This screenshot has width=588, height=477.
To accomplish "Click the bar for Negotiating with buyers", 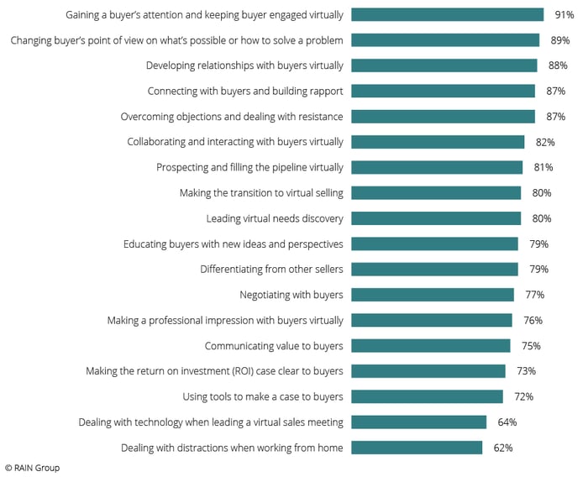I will click(432, 295).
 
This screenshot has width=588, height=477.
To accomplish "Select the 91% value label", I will click(564, 14).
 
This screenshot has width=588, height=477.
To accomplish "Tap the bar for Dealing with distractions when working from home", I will click(417, 448).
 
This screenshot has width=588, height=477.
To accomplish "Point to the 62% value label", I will click(503, 448).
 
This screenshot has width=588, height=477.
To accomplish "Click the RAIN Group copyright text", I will click(32, 468).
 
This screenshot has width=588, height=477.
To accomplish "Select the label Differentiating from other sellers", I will click(271, 270).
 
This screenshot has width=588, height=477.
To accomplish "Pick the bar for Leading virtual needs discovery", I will click(436, 218).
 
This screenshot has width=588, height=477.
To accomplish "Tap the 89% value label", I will click(560, 39).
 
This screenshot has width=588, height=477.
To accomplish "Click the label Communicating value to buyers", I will click(274, 345).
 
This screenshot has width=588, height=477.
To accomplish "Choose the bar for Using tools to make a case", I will click(427, 396).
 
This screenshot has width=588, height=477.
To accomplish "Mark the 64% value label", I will click(507, 422).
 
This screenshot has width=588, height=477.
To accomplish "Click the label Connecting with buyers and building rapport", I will click(245, 91).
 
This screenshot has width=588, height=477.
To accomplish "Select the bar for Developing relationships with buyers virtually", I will click(444, 66).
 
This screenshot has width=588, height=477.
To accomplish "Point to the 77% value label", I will click(534, 295).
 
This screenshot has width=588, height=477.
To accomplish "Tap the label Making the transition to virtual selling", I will click(261, 193).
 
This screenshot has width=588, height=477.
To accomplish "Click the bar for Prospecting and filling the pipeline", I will click(437, 167).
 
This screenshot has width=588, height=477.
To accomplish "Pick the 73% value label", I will click(526, 371).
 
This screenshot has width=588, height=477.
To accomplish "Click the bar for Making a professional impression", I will click(431, 320).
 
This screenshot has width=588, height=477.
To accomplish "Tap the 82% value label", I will click(544, 142).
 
